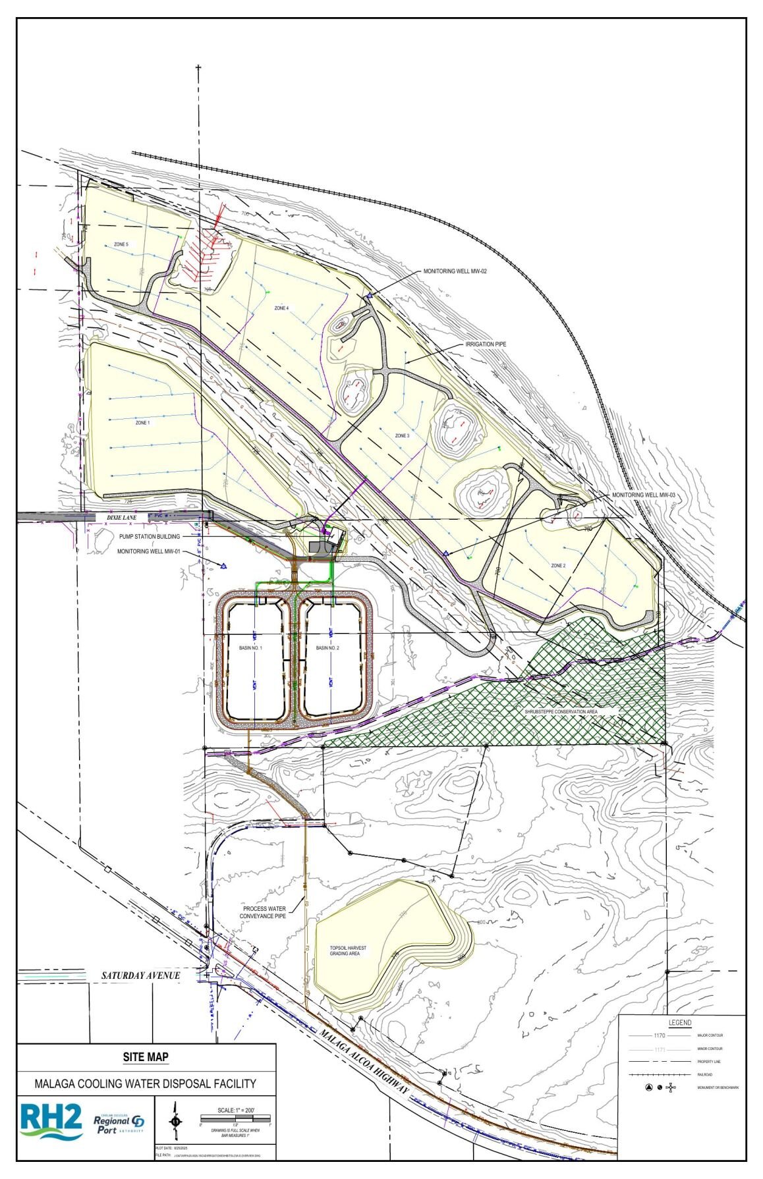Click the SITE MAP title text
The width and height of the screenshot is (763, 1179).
146,1057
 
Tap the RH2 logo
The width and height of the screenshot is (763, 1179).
51,1121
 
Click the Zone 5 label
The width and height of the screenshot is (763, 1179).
121,244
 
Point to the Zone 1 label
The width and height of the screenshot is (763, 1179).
142,422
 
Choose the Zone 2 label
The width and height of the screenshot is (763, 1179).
558,566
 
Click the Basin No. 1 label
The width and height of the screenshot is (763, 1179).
250,648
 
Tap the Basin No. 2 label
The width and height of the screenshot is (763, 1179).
327,648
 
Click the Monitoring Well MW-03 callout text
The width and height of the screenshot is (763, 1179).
644,495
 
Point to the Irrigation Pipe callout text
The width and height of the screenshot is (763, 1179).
486,344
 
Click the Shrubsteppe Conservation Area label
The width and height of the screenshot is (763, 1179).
561,711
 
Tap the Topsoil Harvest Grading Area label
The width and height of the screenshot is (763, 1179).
349,950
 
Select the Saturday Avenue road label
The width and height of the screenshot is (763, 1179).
140,975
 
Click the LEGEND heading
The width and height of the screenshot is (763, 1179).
680,1022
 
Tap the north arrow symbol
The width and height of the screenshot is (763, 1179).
175,1121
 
